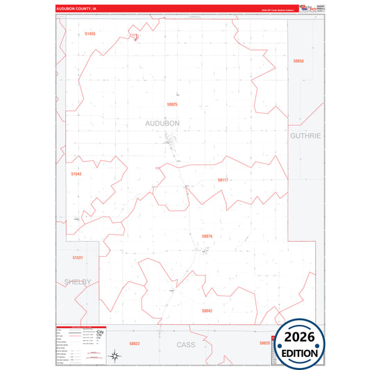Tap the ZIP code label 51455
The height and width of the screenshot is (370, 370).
tap(90, 33)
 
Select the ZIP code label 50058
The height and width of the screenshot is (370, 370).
tap(298, 61)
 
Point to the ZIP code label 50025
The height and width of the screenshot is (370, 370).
tap(172, 104)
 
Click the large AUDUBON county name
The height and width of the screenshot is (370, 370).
tap(162, 123)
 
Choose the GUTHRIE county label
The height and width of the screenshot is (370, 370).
tap(305, 136)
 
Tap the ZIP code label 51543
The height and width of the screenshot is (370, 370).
tap(76, 174)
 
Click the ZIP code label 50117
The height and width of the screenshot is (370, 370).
tap(223, 180)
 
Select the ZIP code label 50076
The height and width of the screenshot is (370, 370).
tap(207, 236)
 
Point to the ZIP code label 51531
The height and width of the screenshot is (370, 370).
tap(77, 258)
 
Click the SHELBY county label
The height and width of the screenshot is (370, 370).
tap(78, 282)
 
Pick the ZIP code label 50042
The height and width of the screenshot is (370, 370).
tap(207, 311)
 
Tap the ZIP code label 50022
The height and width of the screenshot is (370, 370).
tap(135, 344)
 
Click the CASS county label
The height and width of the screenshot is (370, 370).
tap(186, 344)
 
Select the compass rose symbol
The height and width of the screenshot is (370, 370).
tap(116, 357)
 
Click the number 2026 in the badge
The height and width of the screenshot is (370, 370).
tap(299, 337)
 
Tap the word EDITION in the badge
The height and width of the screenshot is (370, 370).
tap(299, 353)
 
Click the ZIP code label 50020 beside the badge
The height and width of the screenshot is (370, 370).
tap(264, 343)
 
